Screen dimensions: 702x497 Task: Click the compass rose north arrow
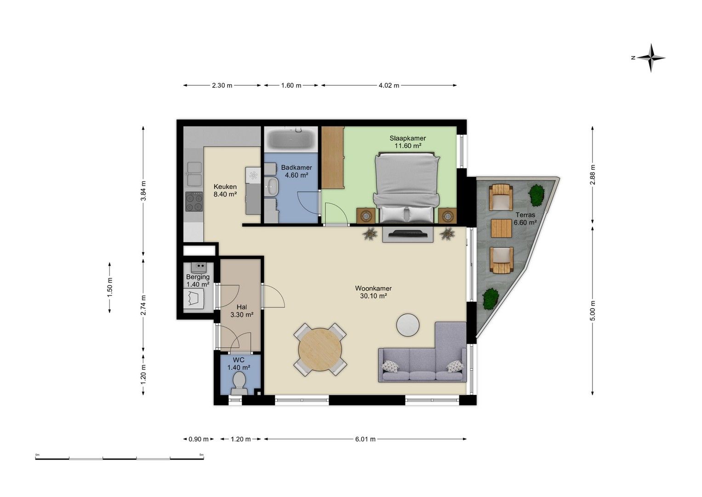coord(651,58)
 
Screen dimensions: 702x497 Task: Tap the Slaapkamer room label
coord(408,138)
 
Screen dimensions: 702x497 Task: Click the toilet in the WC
coord(240,383)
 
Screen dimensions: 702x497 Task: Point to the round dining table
coord(320,349)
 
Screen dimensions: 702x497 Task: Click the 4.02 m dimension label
coord(389,85)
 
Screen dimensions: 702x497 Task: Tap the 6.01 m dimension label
coord(365,439)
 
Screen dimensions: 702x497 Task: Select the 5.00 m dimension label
coord(593,311)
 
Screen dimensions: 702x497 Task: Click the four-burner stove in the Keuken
coord(194,202)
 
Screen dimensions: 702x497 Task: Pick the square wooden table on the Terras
coord(502,228)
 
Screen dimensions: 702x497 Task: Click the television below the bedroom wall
coord(408,233)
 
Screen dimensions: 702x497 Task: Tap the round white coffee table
coord(408,325)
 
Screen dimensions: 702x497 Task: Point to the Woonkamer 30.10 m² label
coord(373,292)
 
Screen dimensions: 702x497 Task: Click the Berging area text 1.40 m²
coord(198,284)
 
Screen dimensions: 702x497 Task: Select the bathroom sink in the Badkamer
coord(270,187)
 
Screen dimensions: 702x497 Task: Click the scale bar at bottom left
coord(120,458)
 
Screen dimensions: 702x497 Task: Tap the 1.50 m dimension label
coord(110,288)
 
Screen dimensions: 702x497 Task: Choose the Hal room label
coord(242,307)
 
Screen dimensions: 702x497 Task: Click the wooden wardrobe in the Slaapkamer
coord(333,157)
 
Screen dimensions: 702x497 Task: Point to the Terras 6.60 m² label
coord(525,219)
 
